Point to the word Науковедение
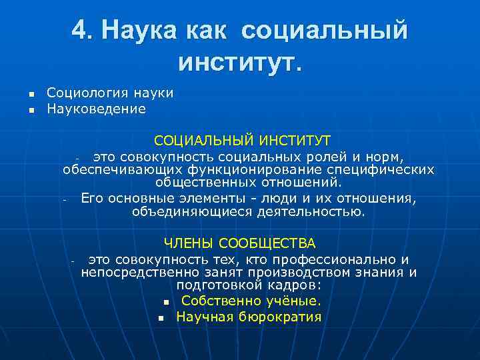(x=96, y=108)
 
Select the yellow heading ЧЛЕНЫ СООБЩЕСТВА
(x=240, y=243)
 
